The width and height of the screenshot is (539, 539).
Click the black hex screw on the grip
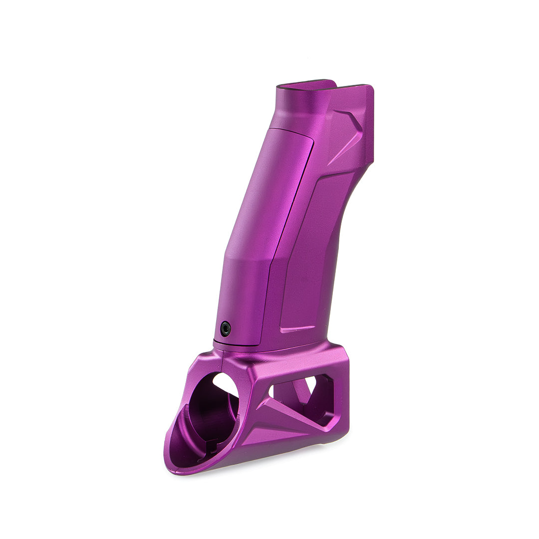[226, 328]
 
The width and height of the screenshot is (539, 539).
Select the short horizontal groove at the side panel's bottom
[297, 329]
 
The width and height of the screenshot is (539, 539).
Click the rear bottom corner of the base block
[344, 434]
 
